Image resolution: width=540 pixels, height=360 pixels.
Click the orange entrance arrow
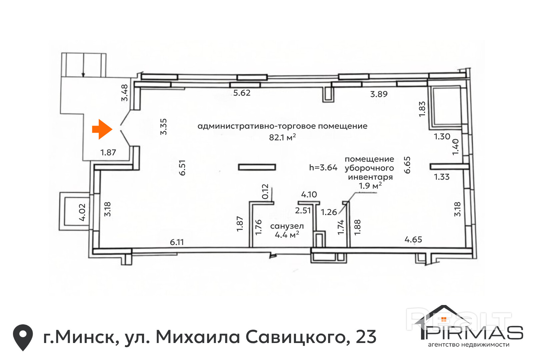tap(102, 129)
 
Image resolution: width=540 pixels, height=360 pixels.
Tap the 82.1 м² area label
tap(282, 137)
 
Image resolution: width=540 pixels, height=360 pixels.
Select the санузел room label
tap(287, 226)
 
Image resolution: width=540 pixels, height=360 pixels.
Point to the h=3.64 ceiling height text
tap(323, 167)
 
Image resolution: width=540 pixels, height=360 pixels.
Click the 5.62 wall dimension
tap(242, 93)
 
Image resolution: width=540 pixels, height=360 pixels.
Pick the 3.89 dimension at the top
tap(379, 94)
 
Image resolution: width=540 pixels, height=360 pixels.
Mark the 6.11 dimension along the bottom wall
tap(177, 242)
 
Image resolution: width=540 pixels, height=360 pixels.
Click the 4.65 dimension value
tap(413, 239)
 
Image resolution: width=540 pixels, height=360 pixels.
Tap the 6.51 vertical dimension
tap(182, 168)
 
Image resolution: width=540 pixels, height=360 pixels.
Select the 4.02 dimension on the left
tap(82, 212)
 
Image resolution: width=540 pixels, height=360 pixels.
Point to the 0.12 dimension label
tap(265, 191)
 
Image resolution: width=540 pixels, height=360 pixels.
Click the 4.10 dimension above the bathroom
tap(309, 194)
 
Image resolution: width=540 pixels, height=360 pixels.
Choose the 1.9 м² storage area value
tap(370, 186)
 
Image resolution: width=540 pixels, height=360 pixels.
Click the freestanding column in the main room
tap(257, 167)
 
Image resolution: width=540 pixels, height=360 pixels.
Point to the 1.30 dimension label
tap(442, 137)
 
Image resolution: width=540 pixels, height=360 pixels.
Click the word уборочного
tap(369, 168)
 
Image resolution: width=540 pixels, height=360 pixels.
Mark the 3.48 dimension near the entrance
tap(124, 93)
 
